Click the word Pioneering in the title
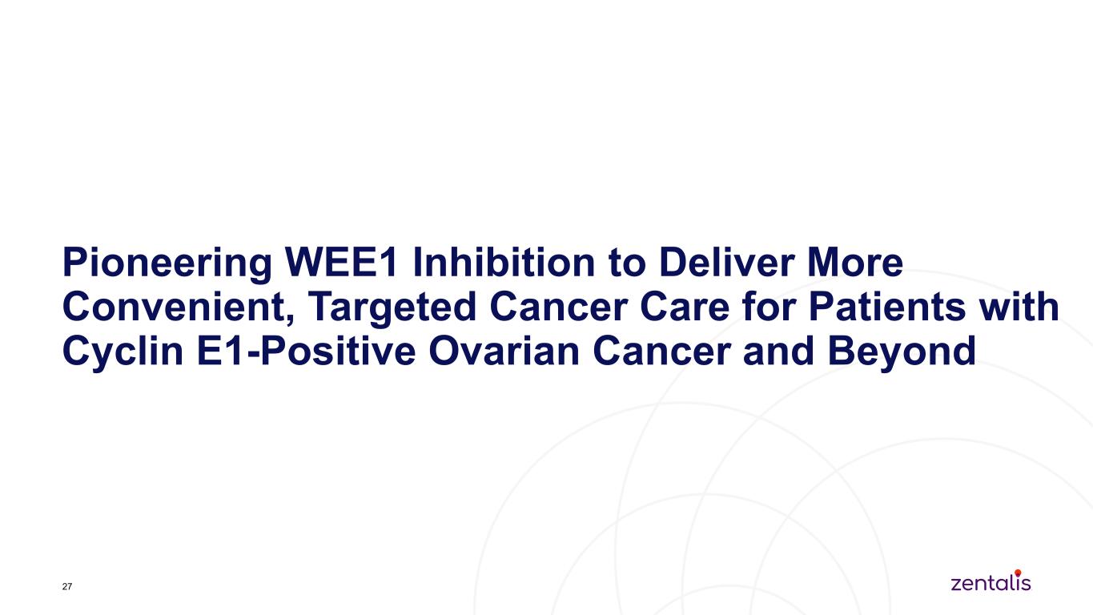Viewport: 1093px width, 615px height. click(x=167, y=264)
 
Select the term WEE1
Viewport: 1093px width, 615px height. click(x=341, y=262)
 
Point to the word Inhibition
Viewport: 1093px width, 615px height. click(x=504, y=262)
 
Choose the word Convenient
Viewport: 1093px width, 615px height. click(x=179, y=307)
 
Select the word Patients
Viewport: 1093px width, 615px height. click(x=887, y=307)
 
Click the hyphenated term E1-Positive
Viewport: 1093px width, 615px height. click(x=306, y=351)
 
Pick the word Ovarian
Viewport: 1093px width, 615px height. click(x=504, y=351)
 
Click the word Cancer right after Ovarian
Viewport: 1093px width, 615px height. click(x=661, y=351)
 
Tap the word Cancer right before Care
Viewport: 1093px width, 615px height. click(x=558, y=307)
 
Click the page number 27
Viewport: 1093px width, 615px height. click(x=67, y=586)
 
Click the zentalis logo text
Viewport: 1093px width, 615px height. click(x=991, y=582)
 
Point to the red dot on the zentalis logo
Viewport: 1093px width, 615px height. click(x=1018, y=573)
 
